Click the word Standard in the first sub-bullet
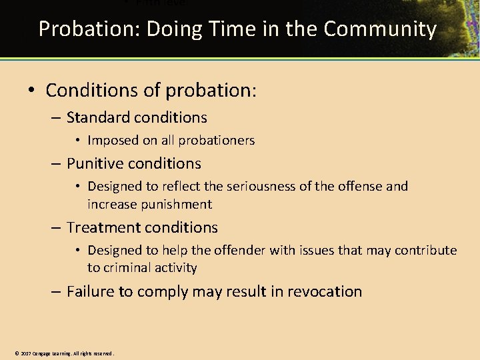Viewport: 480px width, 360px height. coord(98,118)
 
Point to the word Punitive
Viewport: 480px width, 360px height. coord(95,164)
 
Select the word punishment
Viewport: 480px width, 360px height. coord(179,204)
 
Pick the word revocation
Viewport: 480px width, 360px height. coord(325,292)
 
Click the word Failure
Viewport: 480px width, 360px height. coord(90,292)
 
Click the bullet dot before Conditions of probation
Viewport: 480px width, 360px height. coord(33,90)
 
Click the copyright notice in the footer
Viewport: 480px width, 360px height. coord(64,353)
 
